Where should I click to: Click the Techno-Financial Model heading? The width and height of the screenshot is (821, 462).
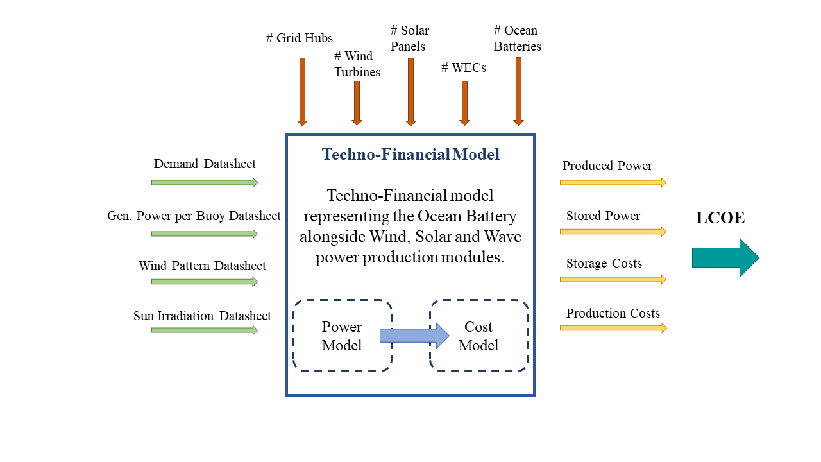(x=410, y=155)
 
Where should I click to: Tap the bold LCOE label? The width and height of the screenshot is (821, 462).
(x=720, y=218)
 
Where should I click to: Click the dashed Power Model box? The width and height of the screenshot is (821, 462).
(x=342, y=336)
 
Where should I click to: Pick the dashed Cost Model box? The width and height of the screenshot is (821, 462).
(x=478, y=336)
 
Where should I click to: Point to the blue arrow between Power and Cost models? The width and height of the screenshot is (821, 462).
(x=414, y=336)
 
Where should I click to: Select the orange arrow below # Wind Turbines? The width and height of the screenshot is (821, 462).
(x=357, y=103)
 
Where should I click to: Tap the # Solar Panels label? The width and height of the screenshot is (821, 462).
(x=410, y=38)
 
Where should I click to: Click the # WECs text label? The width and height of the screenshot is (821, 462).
(x=464, y=67)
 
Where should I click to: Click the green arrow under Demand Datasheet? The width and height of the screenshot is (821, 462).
(x=204, y=182)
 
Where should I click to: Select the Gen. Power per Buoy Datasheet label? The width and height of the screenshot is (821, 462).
(x=194, y=216)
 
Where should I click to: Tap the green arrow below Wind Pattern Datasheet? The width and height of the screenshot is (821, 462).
(x=204, y=282)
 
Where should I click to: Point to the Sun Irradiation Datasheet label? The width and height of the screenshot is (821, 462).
(x=202, y=316)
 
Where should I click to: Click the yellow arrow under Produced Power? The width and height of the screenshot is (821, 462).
(x=613, y=182)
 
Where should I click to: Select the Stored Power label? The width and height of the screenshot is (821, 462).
(x=603, y=216)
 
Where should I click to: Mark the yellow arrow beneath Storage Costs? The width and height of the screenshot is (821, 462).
(x=613, y=279)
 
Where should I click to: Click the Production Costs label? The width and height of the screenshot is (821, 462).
(x=613, y=313)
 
